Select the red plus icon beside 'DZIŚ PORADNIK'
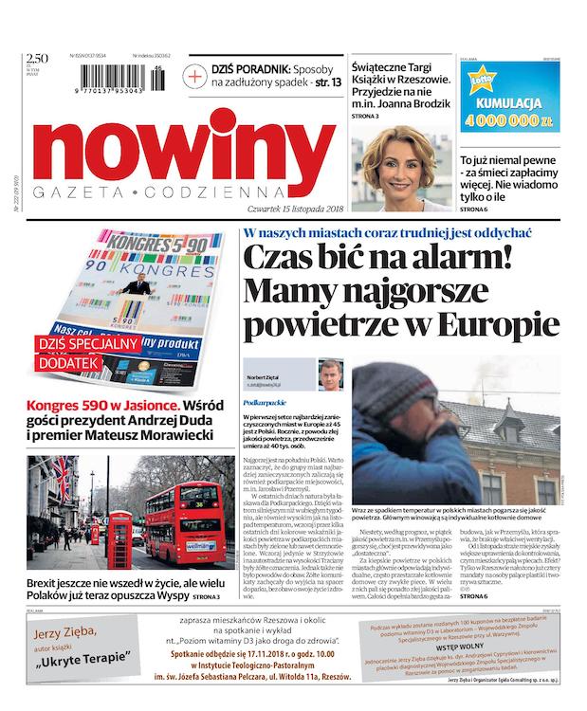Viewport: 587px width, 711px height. (x=195, y=77)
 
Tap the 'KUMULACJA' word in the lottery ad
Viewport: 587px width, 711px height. (x=509, y=101)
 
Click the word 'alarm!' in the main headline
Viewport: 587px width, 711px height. (x=493, y=260)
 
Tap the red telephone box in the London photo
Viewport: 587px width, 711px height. (x=120, y=538)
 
